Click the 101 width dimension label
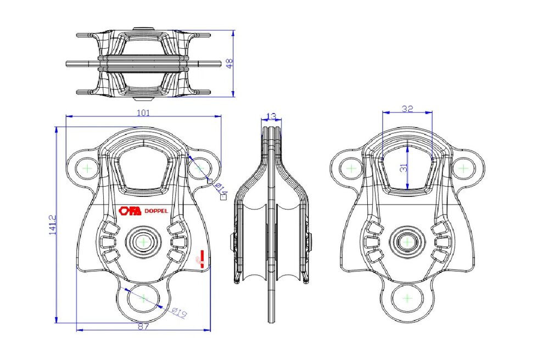point(143,113)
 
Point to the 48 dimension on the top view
point(229,63)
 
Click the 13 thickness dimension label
point(271,116)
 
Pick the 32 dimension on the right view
point(407,109)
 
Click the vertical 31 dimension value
point(404,167)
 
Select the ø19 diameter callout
point(179,312)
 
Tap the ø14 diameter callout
point(221,189)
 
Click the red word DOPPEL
point(156,211)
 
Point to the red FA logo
point(130,211)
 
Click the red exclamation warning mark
point(201,259)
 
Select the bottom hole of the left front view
point(144,299)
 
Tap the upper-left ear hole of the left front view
point(87,168)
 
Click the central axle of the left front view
point(143,242)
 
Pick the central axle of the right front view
point(407,242)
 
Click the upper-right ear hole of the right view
point(463,168)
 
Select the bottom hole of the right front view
point(407,299)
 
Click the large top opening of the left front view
point(143,167)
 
